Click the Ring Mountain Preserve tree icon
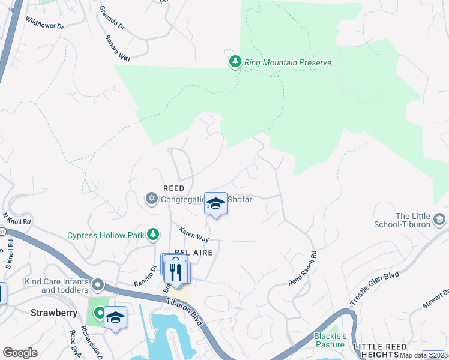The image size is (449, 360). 235,62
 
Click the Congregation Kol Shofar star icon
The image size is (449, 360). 151,197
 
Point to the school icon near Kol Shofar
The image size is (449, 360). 215,204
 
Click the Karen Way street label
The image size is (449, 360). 194,234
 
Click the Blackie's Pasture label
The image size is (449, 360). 330,340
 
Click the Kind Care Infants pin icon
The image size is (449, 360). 97,284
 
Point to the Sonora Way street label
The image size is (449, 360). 118,48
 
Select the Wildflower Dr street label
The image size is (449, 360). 44,23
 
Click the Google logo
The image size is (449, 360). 20,352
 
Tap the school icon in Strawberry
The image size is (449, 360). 115,318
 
